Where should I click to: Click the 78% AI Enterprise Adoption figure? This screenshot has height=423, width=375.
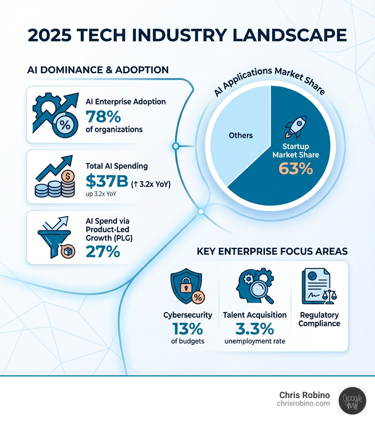[x=103, y=117]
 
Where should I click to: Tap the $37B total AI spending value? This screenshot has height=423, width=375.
[x=107, y=181]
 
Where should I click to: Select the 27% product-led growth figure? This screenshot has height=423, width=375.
[x=103, y=251]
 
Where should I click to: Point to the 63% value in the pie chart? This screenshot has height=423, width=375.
[x=296, y=169]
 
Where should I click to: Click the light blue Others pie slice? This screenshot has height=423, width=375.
[x=241, y=136]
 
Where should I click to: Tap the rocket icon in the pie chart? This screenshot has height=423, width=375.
[x=296, y=126]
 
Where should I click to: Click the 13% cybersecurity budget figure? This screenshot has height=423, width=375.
[x=187, y=329]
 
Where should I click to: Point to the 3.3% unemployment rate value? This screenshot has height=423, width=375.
[x=255, y=329]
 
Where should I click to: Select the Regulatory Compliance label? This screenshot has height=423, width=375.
[x=319, y=319]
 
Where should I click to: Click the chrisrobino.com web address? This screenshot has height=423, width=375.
[x=303, y=404]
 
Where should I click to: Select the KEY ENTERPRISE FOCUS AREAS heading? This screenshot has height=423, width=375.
[x=272, y=251]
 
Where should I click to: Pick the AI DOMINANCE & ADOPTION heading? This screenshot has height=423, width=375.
[x=98, y=70]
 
